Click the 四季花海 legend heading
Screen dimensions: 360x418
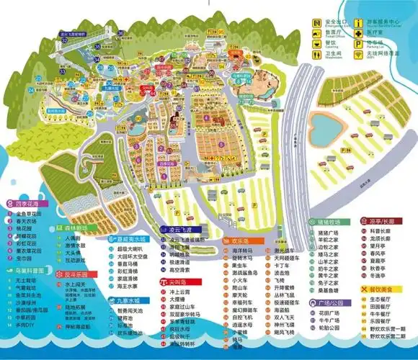26,204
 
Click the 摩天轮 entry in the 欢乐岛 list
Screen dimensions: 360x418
240,294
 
